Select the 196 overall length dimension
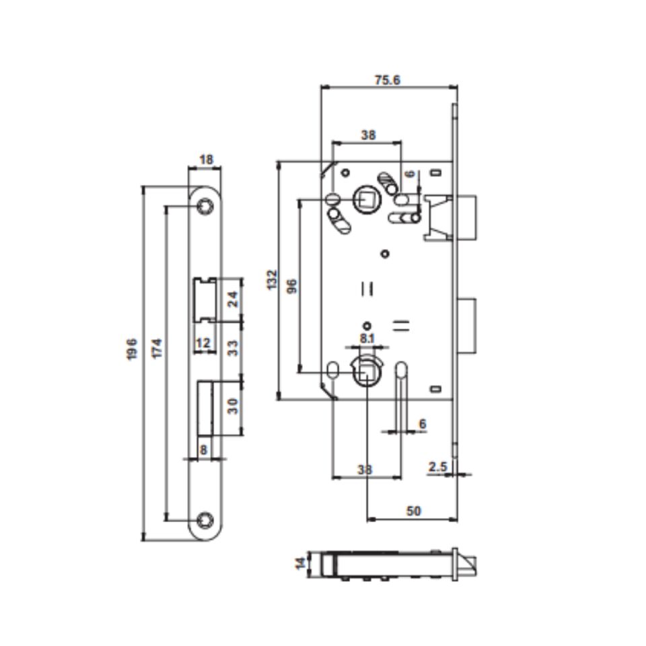pos(133,350)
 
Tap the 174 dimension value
pos(156,349)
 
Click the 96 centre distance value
pos(291,285)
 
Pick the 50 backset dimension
pos(413,511)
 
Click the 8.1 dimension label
pos(367,338)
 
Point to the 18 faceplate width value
pos(207,159)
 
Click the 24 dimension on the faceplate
pos(232,299)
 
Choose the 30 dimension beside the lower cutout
pos(232,406)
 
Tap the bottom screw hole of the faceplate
pos(205,519)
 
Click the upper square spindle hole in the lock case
pos(367,199)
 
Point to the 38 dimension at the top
pos(368,135)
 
